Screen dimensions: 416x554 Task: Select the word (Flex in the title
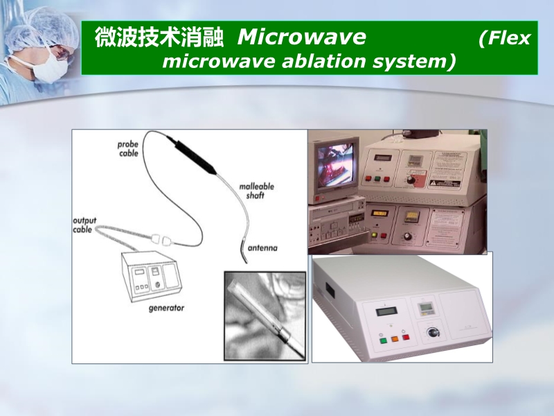coord(504,37)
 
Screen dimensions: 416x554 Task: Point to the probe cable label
coord(127,148)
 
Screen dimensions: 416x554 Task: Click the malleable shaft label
coord(257,191)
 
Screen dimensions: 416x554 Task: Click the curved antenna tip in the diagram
coord(242,252)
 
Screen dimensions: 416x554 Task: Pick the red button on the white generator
coord(405,338)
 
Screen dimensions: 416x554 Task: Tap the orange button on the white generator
coord(393,339)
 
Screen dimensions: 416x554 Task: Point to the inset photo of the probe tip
coord(265,315)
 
